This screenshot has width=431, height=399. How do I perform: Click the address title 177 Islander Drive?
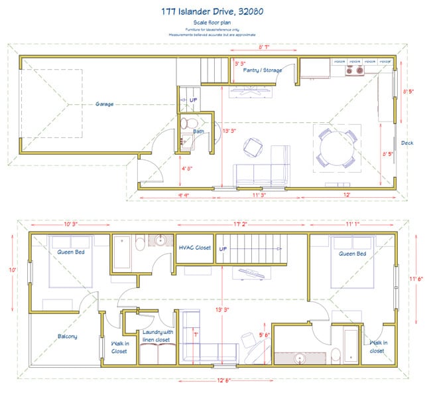(216, 11)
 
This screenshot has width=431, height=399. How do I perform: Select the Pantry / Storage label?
(262, 69)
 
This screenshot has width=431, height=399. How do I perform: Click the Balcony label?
(66, 336)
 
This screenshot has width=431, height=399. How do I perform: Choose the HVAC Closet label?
(195, 248)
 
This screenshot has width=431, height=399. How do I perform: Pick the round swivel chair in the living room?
(253, 147)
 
